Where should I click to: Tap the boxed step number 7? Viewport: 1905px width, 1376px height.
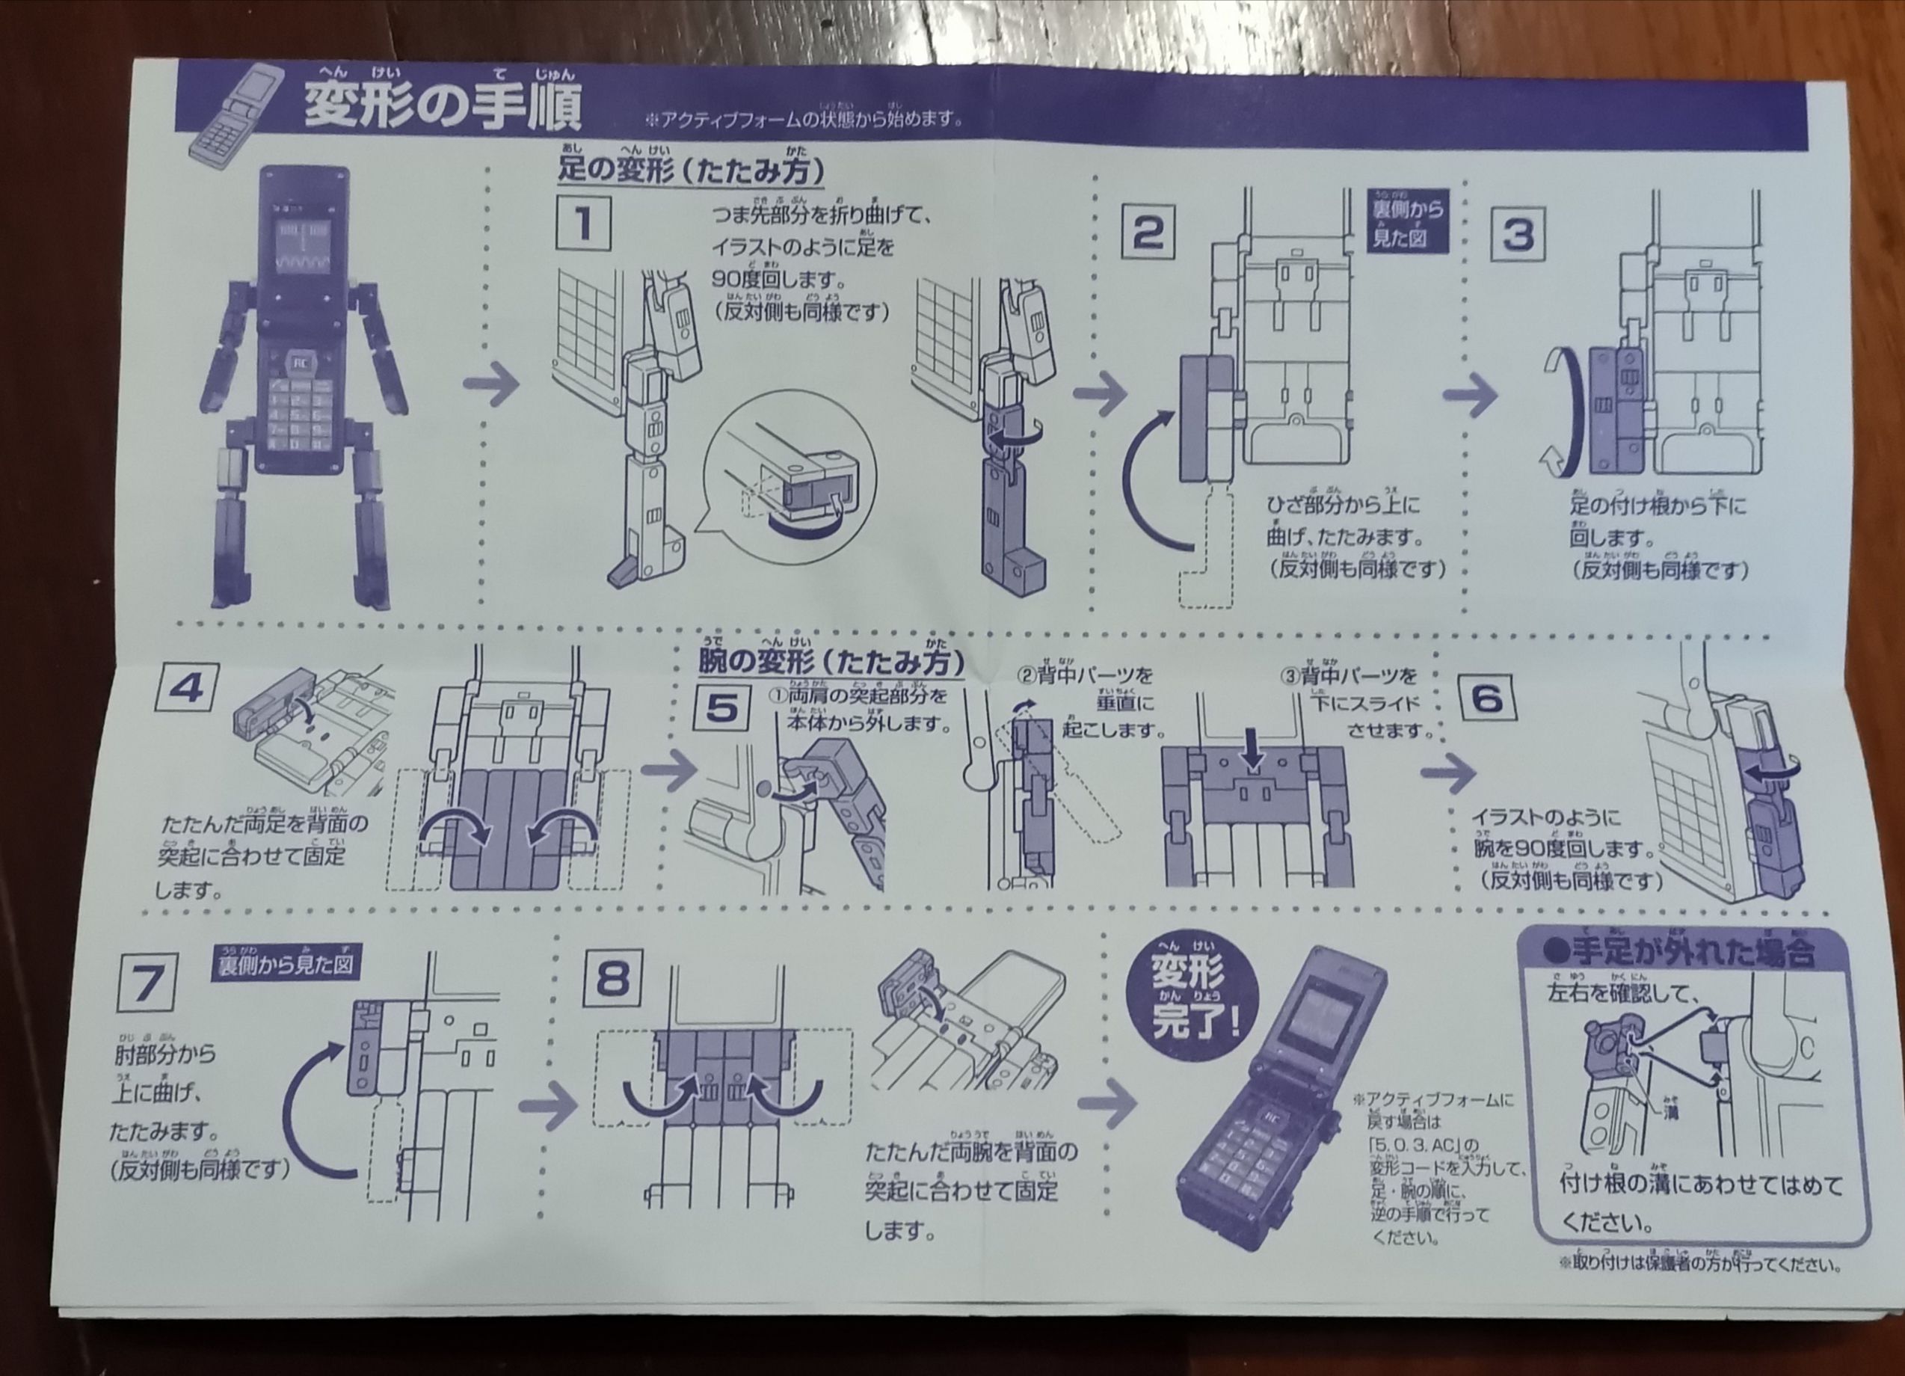click(x=146, y=983)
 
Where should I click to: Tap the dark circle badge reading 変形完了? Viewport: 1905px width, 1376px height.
click(x=1192, y=995)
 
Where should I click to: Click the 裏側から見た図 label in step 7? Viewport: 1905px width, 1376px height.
click(x=286, y=966)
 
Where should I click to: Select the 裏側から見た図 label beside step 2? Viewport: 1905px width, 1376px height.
click(x=1409, y=220)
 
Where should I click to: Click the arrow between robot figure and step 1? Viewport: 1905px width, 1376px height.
click(x=492, y=386)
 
